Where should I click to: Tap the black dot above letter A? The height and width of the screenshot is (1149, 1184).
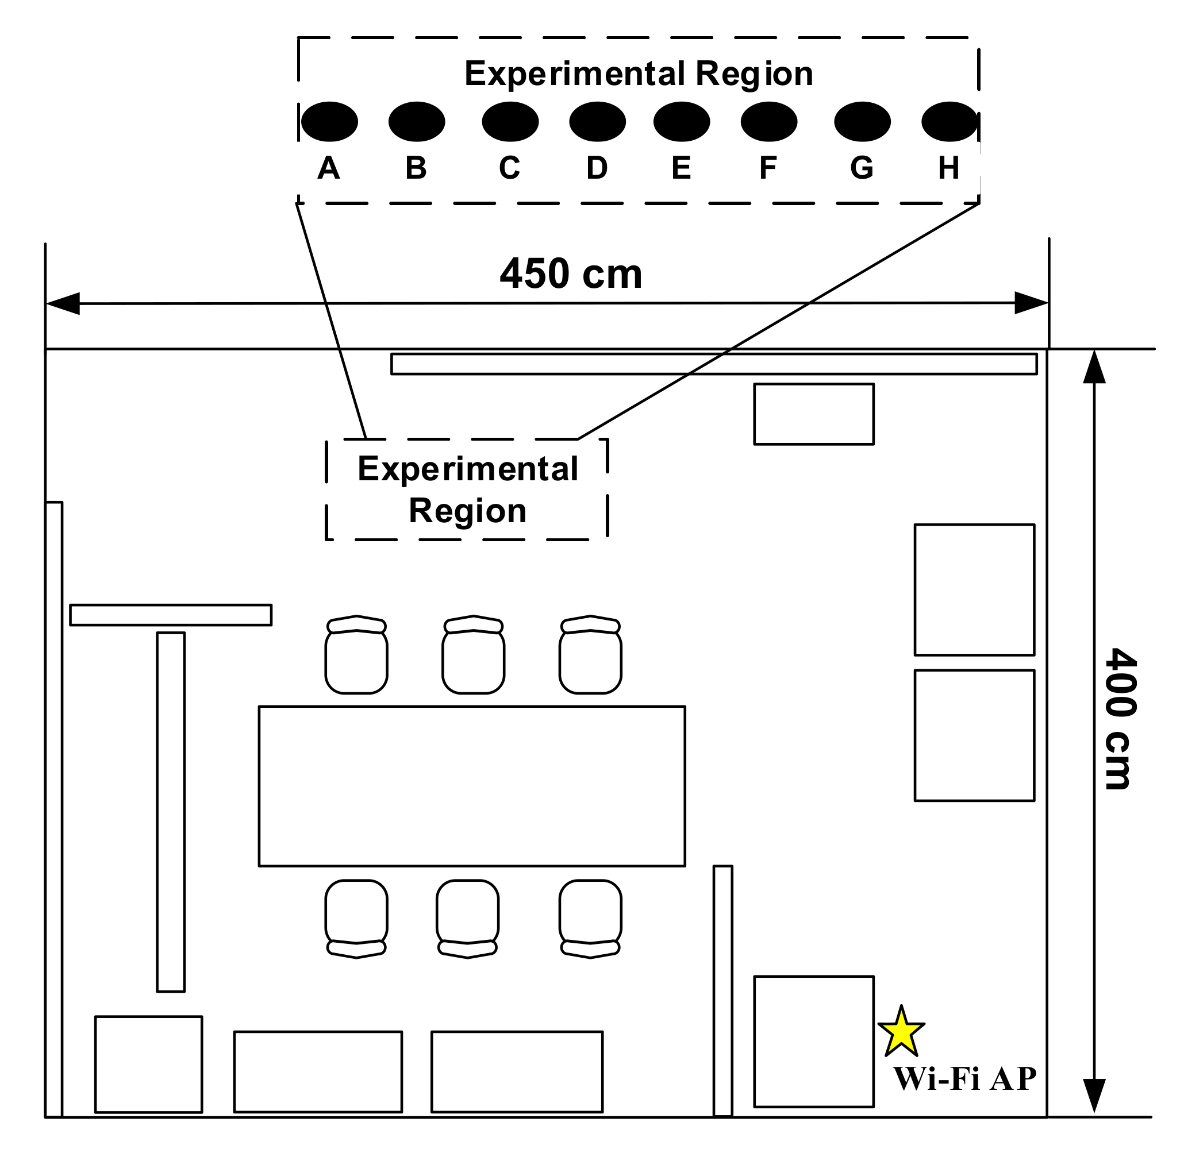coord(329,121)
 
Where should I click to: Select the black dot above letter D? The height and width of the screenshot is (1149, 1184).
coord(597,121)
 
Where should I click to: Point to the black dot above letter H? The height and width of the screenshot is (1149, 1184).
coord(949,121)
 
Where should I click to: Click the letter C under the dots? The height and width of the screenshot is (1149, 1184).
coord(509,168)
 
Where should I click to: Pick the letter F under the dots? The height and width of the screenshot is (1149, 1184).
coord(768,168)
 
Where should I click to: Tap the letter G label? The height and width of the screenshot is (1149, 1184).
coord(862,168)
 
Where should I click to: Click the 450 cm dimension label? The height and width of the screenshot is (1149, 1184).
coord(571,273)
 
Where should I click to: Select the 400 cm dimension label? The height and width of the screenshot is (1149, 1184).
coord(1120,719)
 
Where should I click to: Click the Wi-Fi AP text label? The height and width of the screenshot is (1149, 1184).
coord(964,1079)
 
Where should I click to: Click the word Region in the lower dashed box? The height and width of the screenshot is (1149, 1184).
coord(467,511)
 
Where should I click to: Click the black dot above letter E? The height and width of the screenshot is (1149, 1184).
coord(682,121)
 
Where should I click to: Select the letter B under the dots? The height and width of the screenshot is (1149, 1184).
coord(416,168)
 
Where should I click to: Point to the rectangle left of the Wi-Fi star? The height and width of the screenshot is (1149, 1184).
coord(814,1041)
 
